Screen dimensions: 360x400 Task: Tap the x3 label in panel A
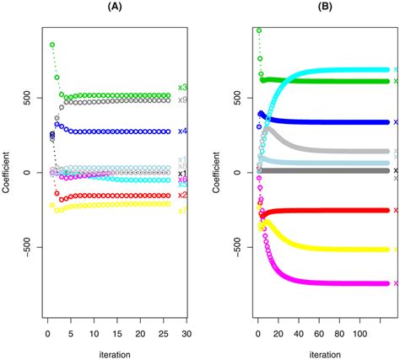[x=182, y=88]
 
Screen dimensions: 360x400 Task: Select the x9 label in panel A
[x=182, y=100]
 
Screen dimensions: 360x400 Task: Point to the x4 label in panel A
[x=182, y=132]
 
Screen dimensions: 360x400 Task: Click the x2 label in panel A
[x=182, y=196]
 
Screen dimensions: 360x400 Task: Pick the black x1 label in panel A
[x=182, y=174]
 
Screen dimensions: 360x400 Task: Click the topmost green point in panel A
[x=52, y=45]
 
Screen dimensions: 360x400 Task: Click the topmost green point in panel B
[x=259, y=30]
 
